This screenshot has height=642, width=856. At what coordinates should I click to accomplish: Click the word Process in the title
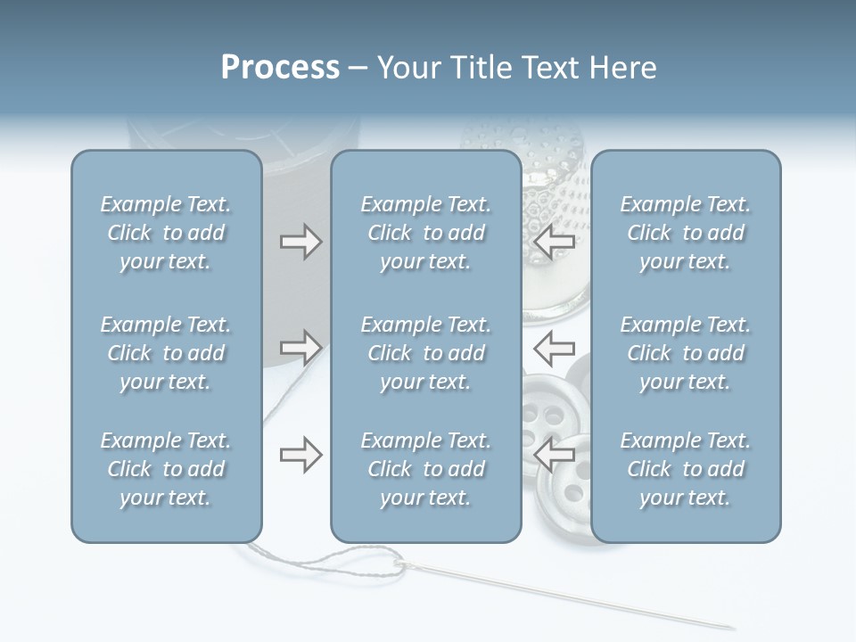click(280, 68)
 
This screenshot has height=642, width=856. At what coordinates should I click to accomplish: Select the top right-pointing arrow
click(300, 242)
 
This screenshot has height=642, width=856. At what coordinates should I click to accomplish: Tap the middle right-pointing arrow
click(300, 347)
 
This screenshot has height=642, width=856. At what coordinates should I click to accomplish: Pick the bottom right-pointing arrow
click(300, 455)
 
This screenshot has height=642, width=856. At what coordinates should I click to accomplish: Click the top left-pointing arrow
click(554, 242)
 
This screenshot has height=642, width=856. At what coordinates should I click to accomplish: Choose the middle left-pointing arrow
click(554, 347)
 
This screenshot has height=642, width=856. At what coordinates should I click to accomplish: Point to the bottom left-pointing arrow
click(554, 455)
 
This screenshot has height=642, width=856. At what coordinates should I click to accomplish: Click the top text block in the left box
click(166, 233)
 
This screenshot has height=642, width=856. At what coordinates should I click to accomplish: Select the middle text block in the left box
click(166, 353)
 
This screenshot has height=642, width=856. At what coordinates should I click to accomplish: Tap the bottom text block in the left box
click(166, 469)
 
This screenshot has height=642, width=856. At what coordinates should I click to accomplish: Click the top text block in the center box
click(425, 233)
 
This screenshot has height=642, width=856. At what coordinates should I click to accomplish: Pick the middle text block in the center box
click(425, 353)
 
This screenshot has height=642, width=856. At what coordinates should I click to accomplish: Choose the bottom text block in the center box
click(425, 469)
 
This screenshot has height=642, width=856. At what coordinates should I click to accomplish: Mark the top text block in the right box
click(685, 233)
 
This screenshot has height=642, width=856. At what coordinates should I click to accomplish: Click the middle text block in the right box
click(685, 353)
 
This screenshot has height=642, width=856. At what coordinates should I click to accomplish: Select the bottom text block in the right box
click(685, 469)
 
